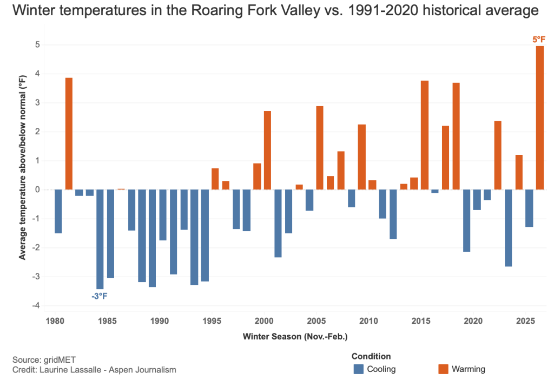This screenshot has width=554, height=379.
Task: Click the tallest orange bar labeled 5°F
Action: click(539, 118)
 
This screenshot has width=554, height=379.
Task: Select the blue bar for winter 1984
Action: click(100, 239)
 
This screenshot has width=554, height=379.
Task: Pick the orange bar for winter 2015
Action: click(425, 135)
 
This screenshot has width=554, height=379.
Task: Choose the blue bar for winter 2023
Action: click(508, 228)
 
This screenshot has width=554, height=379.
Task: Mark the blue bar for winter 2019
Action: click(466, 221)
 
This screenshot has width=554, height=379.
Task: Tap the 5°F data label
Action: click(539, 40)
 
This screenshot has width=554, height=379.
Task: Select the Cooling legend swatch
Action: click(359, 369)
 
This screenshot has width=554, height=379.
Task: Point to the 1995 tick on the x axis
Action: click(210, 320)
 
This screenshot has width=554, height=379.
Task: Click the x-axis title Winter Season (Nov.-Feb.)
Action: click(295, 336)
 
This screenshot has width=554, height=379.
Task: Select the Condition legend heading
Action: click(371, 356)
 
